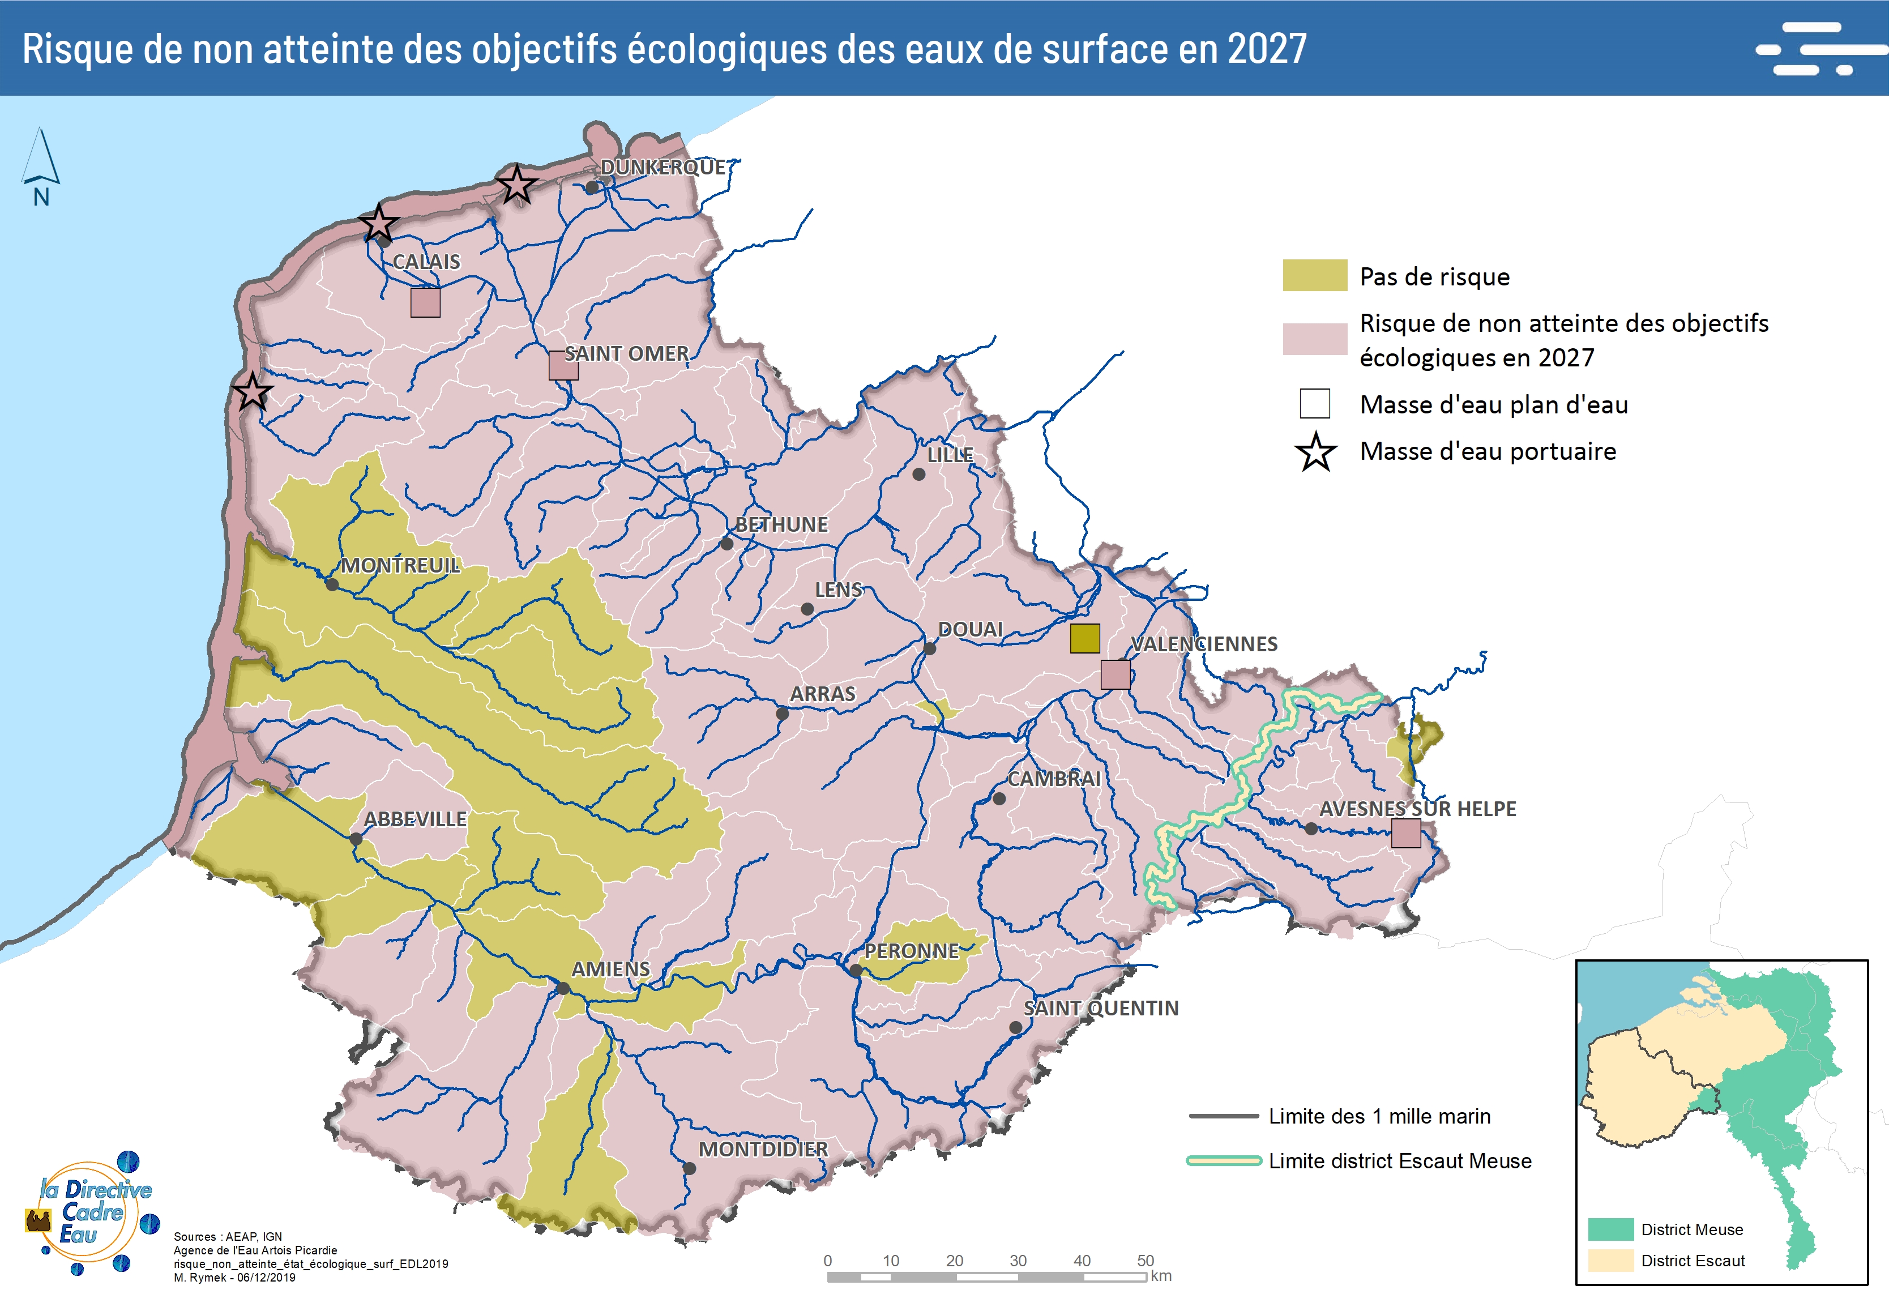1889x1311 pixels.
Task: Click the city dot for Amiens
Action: coord(563,988)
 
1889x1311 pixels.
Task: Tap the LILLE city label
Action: coord(950,454)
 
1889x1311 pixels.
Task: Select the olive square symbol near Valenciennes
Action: coord(1084,638)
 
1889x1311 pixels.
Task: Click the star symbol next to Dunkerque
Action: coord(516,184)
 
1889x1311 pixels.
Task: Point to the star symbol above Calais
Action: coord(379,223)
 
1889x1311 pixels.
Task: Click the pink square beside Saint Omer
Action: coord(563,365)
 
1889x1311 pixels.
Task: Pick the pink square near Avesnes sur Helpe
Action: coord(1405,833)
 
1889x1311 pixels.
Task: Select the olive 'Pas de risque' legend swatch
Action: coord(1314,275)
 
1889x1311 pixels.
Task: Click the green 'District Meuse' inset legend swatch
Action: coord(1610,1229)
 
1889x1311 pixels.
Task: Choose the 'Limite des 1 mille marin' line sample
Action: coord(1223,1116)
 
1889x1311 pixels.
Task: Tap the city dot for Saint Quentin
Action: coord(1015,1028)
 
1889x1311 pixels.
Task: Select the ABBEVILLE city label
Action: coord(414,819)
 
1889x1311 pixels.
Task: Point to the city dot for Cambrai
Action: coord(999,798)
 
